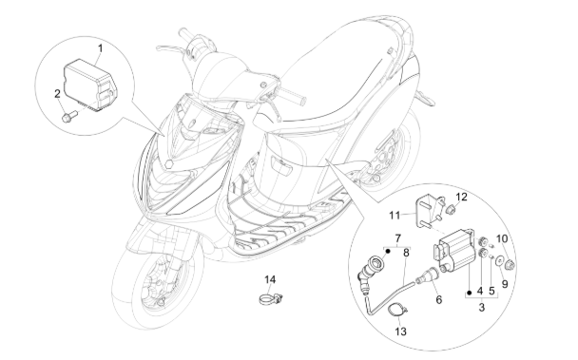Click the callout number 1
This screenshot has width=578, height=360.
click(x=98, y=47)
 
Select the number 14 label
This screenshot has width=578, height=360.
click(x=270, y=280)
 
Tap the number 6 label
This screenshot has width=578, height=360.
click(x=438, y=299)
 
